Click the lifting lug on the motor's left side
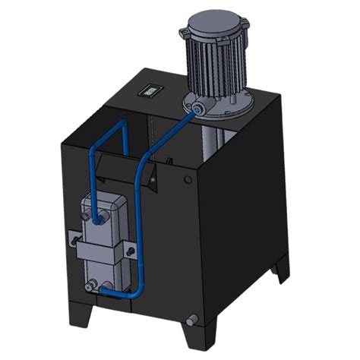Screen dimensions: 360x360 184,34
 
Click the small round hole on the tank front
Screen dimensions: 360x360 188,180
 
